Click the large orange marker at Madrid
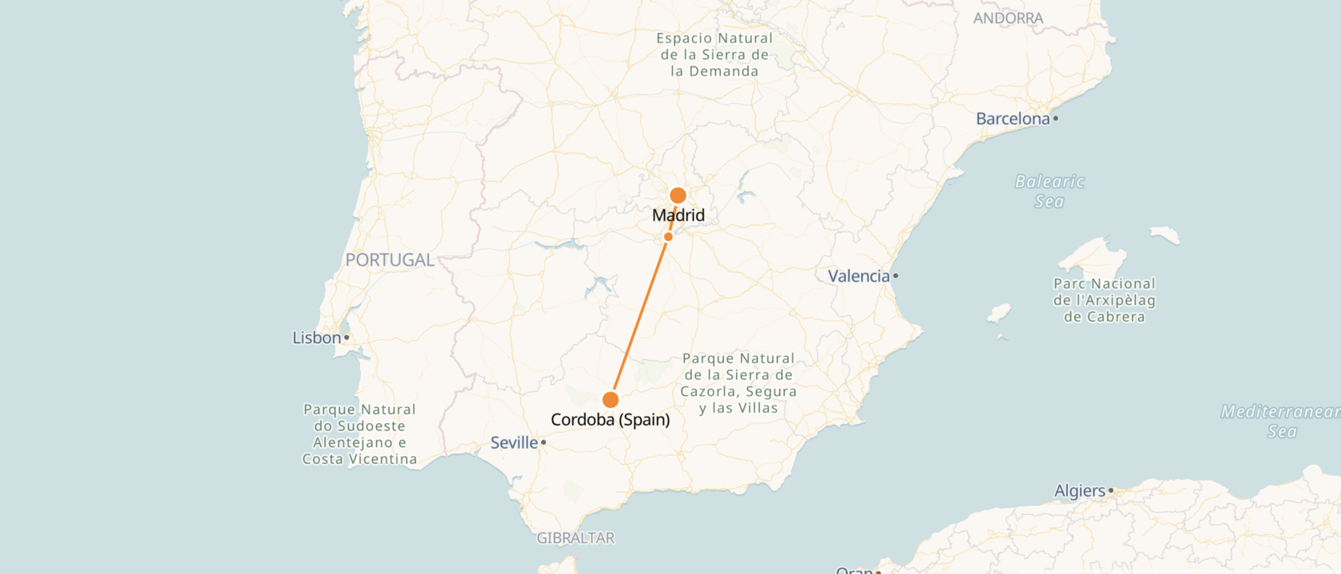(678, 196)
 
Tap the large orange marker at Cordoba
(611, 399)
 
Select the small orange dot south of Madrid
(668, 236)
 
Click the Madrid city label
(678, 216)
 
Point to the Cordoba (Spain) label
(611, 420)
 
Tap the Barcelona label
(1013, 119)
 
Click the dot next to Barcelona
(1055, 119)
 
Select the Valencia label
(858, 276)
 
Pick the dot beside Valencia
(896, 276)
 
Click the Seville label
(514, 442)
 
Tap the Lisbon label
(317, 338)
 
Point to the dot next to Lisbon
(346, 338)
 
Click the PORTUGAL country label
(390, 260)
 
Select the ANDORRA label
(1008, 18)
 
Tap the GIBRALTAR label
(576, 538)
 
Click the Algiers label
(1080, 491)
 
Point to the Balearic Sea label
(1050, 192)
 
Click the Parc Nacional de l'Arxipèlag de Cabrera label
(1105, 300)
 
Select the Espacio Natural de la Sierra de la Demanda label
(714, 54)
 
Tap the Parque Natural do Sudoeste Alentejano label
(360, 434)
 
